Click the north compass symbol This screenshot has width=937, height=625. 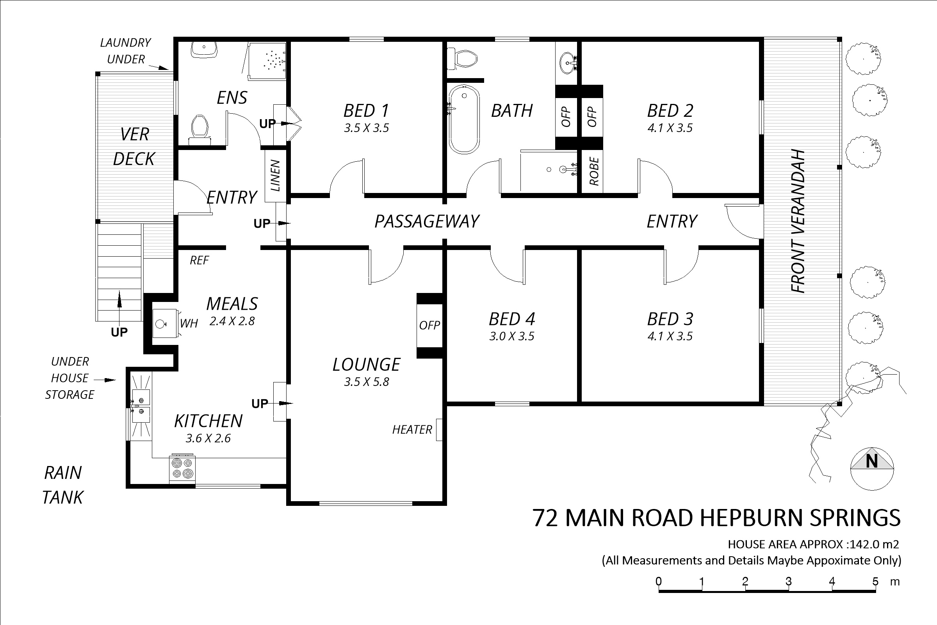[x=872, y=469]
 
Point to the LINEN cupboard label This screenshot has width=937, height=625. [x=275, y=175]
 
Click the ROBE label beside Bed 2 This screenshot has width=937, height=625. [x=593, y=171]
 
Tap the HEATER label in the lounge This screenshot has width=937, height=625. [x=412, y=430]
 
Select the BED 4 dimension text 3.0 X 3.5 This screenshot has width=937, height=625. [x=511, y=336]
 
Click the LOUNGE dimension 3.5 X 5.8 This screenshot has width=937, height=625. [x=367, y=382]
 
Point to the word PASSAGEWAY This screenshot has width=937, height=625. [x=427, y=221]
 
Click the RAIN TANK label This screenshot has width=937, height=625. [x=63, y=485]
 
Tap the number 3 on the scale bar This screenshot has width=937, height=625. [x=788, y=582]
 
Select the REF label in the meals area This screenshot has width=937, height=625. [x=199, y=261]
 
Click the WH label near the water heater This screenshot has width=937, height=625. [x=189, y=323]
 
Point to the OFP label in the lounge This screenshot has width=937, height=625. [x=429, y=325]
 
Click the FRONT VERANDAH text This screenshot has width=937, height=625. [x=797, y=221]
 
